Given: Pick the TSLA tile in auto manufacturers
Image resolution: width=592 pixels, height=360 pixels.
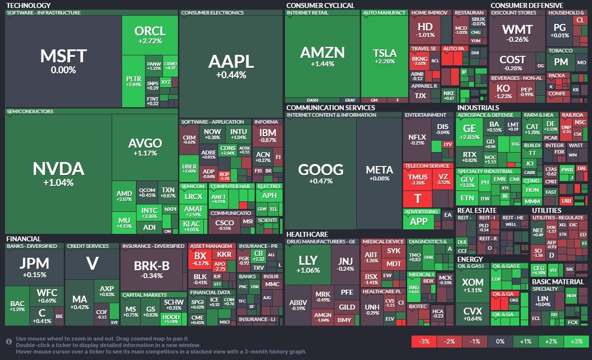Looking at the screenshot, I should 384,56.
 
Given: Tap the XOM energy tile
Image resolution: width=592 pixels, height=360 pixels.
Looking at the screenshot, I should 472,286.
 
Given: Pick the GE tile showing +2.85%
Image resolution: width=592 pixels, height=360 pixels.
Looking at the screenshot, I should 469,131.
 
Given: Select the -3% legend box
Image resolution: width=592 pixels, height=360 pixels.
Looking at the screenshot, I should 424,342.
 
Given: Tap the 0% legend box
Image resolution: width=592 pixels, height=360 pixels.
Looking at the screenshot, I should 500,342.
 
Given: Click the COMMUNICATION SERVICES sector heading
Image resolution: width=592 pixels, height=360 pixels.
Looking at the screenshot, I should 330,108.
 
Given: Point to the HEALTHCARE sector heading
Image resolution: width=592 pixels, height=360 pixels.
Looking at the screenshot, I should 307,234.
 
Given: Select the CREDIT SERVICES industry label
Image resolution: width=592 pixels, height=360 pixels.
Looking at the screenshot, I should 88,246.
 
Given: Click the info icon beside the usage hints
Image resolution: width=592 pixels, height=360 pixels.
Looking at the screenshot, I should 9,342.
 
